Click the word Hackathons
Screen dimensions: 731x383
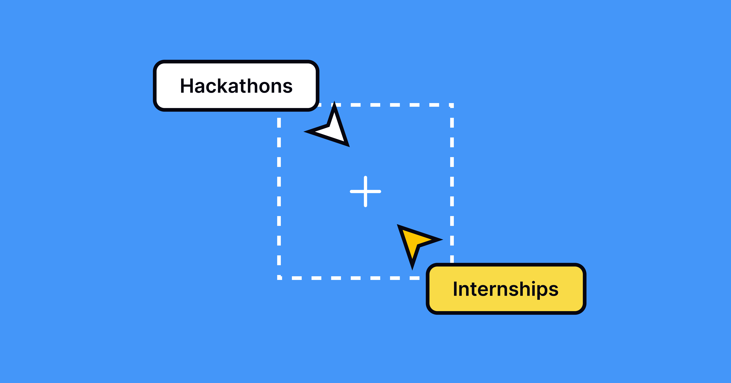point(236,86)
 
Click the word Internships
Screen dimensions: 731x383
point(506,289)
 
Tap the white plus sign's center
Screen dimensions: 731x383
point(365,191)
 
